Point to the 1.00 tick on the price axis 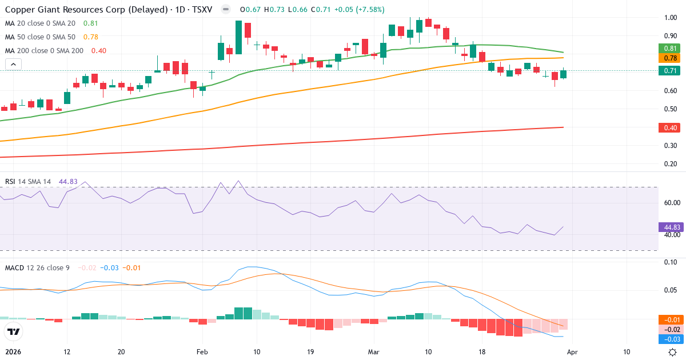671,18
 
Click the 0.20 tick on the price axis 671,164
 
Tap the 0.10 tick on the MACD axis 671,262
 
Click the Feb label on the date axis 201,352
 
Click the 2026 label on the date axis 13,352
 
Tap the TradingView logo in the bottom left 13,332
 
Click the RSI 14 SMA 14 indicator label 28,182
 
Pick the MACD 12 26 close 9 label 37,267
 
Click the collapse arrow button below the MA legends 13,65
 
